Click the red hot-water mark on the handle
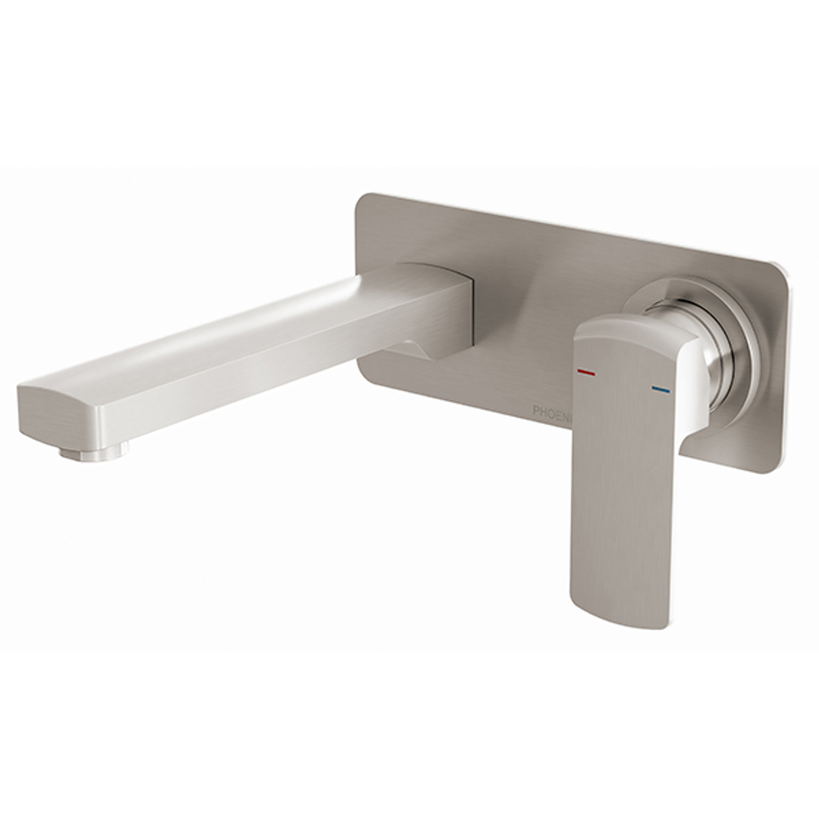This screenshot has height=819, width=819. tap(585, 373)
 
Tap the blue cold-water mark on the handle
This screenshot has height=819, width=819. tap(661, 390)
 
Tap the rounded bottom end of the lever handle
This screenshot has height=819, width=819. tap(618, 614)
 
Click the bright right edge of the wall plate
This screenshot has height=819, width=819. tap(780, 364)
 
